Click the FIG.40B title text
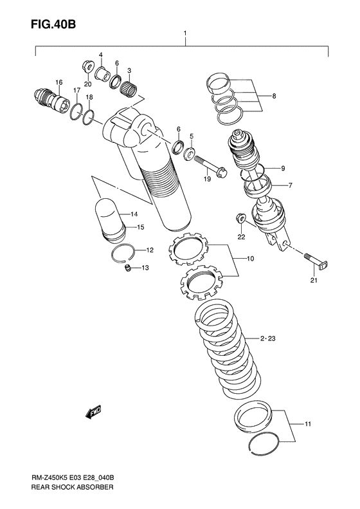(x=53, y=24)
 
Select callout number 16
(x=59, y=82)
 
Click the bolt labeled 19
(x=211, y=167)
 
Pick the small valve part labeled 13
(x=128, y=268)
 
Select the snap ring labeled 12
(x=123, y=254)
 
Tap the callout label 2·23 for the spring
(x=267, y=338)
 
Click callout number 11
(x=307, y=424)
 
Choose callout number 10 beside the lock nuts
(x=250, y=259)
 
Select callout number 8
(x=274, y=96)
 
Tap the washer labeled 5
(x=189, y=153)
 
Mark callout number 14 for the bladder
(x=134, y=214)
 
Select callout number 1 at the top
(x=185, y=33)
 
